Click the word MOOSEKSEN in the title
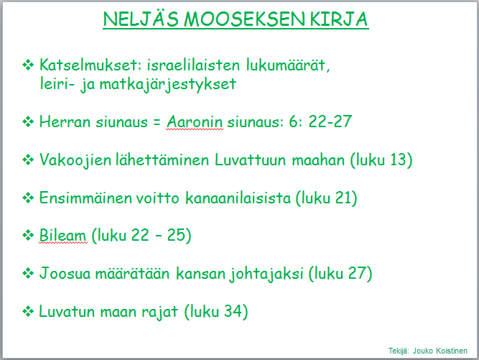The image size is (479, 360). [x=243, y=19]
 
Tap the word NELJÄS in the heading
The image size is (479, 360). [x=141, y=19]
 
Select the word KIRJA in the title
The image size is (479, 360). [x=338, y=19]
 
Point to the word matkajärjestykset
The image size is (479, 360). [x=168, y=85]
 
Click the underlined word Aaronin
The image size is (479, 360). [x=195, y=121]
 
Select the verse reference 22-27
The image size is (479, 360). [x=330, y=121]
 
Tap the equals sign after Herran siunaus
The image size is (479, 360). [x=157, y=122]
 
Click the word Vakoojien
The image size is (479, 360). [x=75, y=160]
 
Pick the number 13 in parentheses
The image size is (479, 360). [x=399, y=160]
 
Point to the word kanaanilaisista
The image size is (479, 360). [x=238, y=198]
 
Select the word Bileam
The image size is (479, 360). [x=62, y=236]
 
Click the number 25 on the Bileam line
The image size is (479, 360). [x=176, y=235]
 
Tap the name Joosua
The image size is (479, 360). [x=65, y=273]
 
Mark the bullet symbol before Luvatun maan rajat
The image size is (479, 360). [x=28, y=312]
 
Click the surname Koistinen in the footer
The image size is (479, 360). [x=452, y=351]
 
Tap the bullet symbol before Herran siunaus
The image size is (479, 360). [x=28, y=122]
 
